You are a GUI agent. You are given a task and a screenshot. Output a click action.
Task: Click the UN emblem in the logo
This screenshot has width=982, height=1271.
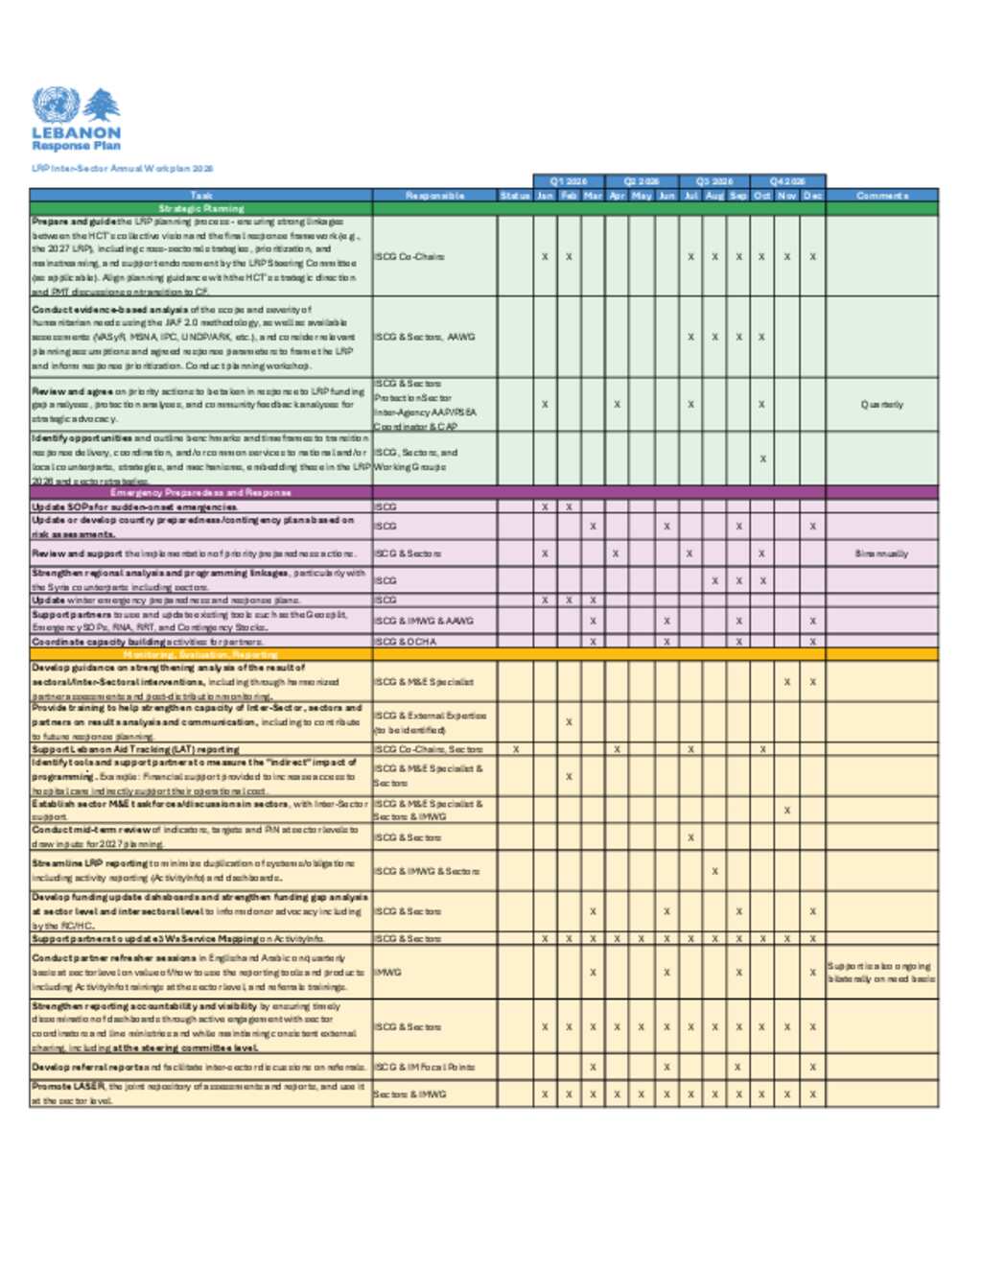tap(56, 105)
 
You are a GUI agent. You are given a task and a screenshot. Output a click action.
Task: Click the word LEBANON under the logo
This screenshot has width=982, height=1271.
tap(77, 132)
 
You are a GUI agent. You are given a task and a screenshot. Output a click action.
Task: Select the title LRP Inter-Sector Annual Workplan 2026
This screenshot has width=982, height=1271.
tap(122, 168)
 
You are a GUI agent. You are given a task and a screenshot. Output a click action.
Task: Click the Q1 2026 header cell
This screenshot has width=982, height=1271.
tap(569, 181)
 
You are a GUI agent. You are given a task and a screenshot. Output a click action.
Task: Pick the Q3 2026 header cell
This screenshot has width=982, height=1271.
tap(714, 181)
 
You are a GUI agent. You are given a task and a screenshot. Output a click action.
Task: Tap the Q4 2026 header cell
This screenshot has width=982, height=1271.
tap(787, 181)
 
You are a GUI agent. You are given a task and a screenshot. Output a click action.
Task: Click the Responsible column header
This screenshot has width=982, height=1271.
tap(434, 196)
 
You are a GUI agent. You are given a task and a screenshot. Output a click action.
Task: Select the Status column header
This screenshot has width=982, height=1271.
tap(515, 196)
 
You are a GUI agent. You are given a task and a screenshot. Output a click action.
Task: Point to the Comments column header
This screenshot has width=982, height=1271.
tap(881, 196)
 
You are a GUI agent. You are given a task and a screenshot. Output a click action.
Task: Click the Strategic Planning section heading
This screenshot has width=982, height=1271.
tap(201, 208)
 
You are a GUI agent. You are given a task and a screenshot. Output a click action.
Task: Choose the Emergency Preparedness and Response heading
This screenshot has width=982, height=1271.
tap(200, 492)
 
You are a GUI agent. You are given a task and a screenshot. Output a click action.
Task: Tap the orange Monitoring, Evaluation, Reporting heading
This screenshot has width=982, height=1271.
tap(200, 654)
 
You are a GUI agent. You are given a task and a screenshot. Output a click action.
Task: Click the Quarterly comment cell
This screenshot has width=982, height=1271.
tap(881, 405)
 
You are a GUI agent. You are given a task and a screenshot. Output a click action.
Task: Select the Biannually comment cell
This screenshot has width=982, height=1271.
tap(881, 553)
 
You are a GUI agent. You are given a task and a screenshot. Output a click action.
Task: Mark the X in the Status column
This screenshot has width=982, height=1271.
tap(516, 749)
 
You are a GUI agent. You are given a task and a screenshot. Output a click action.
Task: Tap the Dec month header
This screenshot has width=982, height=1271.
tap(812, 196)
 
